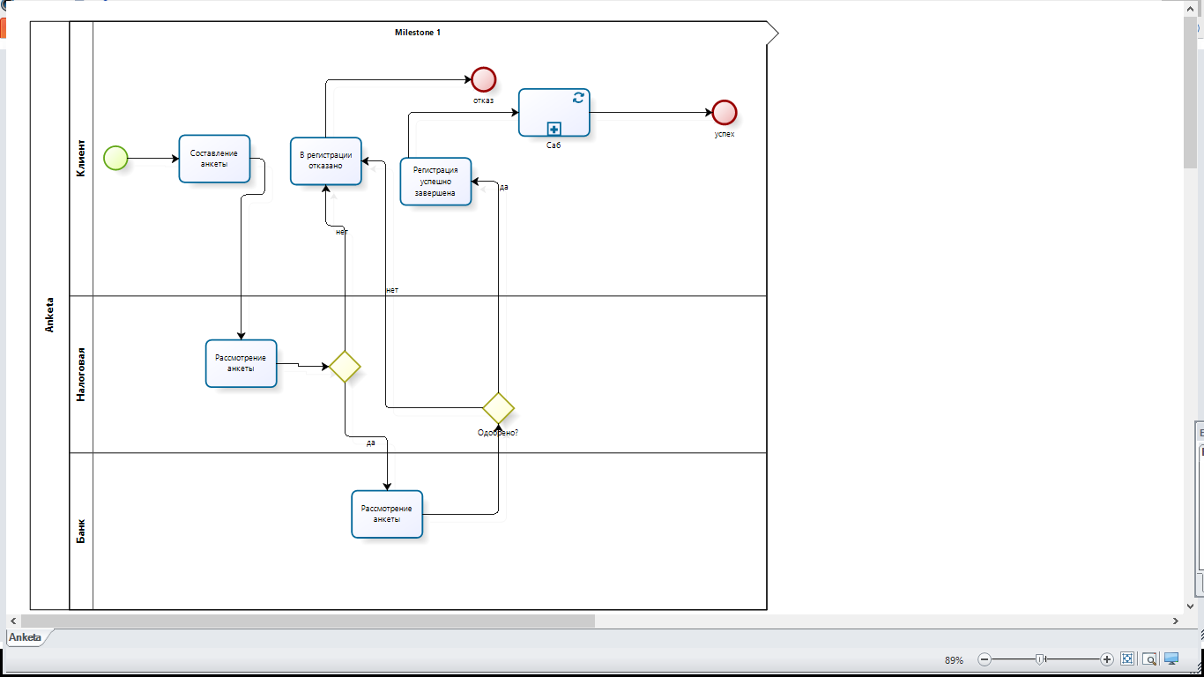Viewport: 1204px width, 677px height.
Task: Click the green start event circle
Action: click(115, 158)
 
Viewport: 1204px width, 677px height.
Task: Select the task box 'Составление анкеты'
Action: click(214, 159)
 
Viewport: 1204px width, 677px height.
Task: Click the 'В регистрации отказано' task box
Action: click(326, 160)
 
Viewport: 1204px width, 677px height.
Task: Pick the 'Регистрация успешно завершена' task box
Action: click(436, 182)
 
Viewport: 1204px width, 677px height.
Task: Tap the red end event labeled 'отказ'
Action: click(483, 79)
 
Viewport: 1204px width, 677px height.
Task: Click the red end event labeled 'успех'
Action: click(724, 112)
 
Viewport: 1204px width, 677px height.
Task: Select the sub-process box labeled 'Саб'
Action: click(554, 112)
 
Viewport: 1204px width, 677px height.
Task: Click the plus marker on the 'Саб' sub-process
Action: click(554, 129)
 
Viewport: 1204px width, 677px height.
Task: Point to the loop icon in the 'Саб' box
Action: click(578, 97)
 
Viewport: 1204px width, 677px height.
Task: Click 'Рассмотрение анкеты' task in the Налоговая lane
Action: click(242, 363)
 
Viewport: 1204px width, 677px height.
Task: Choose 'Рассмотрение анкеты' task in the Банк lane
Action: click(387, 514)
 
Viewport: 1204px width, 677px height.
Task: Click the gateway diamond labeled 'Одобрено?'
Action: click(498, 408)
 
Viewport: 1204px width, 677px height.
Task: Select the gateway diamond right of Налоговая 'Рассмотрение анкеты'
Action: click(345, 367)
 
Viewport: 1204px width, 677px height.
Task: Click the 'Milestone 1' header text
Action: click(418, 33)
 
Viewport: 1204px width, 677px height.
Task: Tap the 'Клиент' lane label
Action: click(80, 158)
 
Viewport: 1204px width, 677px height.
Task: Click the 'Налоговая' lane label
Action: click(80, 375)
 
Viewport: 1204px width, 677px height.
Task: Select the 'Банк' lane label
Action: click(80, 532)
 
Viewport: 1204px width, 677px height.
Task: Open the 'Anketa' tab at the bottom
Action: click(25, 637)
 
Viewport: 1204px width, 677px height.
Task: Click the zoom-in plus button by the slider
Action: click(1107, 659)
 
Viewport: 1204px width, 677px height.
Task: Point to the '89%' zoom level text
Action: click(954, 659)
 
